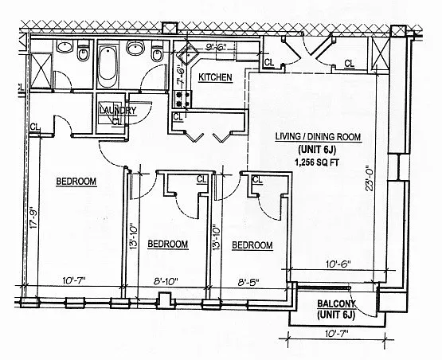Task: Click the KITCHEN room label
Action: pyautogui.click(x=215, y=77)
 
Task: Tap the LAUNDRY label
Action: pyautogui.click(x=118, y=110)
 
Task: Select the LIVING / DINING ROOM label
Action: pyautogui.click(x=318, y=137)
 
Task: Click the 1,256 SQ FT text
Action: pyautogui.click(x=316, y=162)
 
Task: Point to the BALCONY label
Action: pyautogui.click(x=337, y=304)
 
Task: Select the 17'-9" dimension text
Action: pyautogui.click(x=33, y=218)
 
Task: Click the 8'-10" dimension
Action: pyautogui.click(x=166, y=281)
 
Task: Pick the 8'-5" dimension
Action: pyautogui.click(x=248, y=282)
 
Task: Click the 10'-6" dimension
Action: pyautogui.click(x=338, y=264)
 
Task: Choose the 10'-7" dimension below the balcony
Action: pyautogui.click(x=337, y=334)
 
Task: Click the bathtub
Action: pyautogui.click(x=108, y=64)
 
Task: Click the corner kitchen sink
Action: pyautogui.click(x=188, y=53)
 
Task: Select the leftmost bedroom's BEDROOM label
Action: pyautogui.click(x=76, y=181)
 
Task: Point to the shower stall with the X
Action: pyautogui.click(x=41, y=70)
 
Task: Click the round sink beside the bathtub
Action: pyautogui.click(x=135, y=48)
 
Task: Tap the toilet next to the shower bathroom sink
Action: pyautogui.click(x=83, y=51)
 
